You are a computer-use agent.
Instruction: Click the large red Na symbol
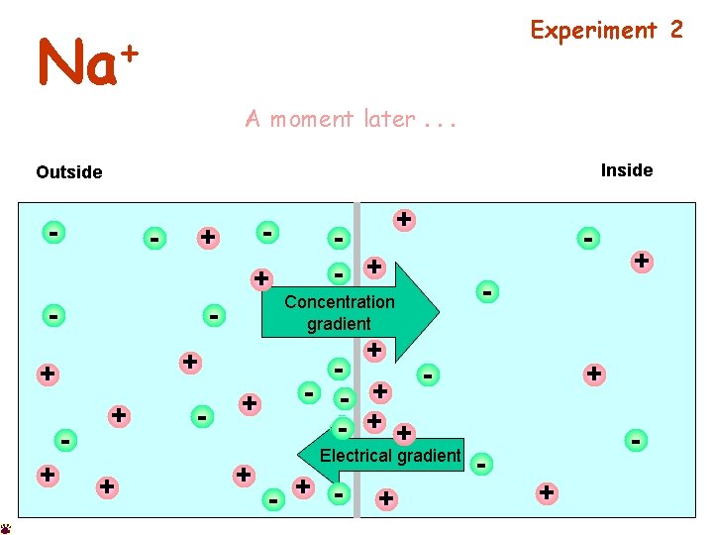77,65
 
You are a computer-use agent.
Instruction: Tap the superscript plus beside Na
131,50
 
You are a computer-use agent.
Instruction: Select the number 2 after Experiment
676,30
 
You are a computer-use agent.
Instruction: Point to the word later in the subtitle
389,119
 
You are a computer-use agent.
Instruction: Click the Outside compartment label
68,172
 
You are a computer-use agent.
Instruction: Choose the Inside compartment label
627,170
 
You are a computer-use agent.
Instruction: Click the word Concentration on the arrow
339,302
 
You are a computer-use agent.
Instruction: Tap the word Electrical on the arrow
354,456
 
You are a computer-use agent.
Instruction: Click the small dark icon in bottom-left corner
6,529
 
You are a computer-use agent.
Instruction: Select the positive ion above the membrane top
404,219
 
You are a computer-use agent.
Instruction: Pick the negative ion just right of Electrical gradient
481,463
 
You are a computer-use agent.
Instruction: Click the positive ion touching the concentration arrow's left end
261,278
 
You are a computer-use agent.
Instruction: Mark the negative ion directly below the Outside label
53,232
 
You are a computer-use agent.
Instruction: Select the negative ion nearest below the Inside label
589,238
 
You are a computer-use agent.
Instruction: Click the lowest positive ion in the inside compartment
546,491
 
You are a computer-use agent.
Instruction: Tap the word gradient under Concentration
339,324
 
